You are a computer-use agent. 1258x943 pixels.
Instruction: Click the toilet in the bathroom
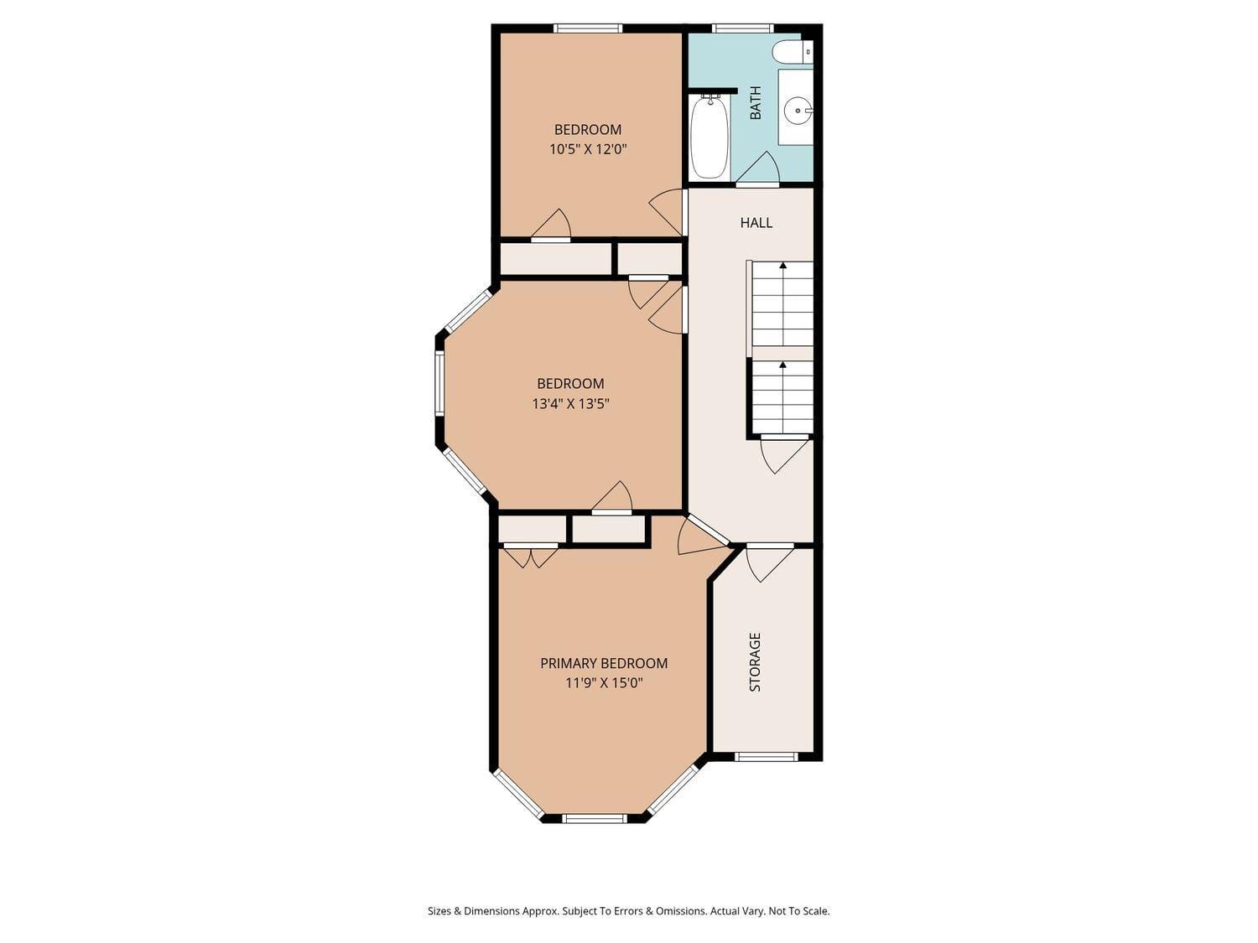(792, 52)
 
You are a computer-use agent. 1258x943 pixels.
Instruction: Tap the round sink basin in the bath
(797, 109)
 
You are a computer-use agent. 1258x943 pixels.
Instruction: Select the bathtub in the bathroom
(710, 137)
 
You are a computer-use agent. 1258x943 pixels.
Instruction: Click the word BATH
(756, 103)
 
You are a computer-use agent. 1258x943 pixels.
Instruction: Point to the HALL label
(756, 222)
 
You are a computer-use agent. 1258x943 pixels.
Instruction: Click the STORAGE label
(755, 661)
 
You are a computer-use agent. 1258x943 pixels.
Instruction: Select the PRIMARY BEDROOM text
(603, 663)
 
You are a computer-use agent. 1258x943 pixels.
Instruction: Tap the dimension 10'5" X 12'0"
(588, 149)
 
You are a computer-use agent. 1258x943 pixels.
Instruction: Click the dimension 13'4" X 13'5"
(570, 403)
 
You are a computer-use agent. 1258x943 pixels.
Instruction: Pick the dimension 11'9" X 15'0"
(603, 683)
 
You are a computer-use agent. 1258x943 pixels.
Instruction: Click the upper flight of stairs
(782, 303)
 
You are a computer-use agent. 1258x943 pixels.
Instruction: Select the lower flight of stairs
(782, 396)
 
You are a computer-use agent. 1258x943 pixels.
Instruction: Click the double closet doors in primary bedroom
(531, 557)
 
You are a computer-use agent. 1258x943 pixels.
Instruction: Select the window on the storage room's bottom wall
(765, 757)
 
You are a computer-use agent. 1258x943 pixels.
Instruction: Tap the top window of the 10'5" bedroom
(587, 28)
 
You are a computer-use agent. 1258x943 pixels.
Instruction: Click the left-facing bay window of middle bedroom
(439, 382)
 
